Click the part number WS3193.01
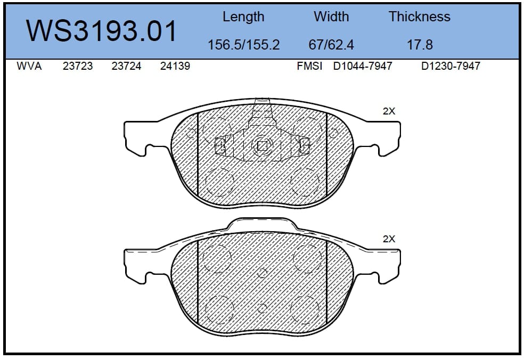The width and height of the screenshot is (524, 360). [x=101, y=31]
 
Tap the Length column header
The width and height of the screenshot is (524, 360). [x=243, y=17]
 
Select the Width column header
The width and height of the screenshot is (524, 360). [x=331, y=17]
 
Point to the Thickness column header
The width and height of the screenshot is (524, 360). [x=420, y=17]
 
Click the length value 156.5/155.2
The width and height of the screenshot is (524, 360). [x=243, y=45]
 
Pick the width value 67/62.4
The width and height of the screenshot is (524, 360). [x=331, y=45]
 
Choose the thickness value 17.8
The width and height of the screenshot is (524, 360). [x=420, y=45]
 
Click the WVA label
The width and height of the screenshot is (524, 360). [x=29, y=66]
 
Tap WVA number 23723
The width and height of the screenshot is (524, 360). [x=78, y=66]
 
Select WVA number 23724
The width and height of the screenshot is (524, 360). [x=126, y=66]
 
